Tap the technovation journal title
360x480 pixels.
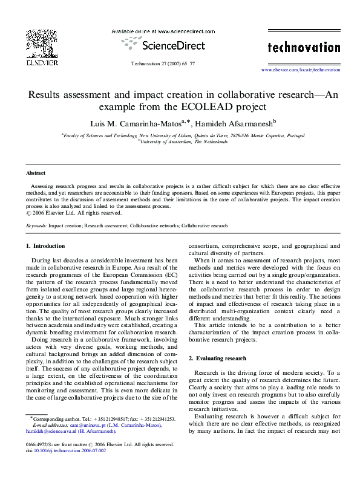(x=304, y=47)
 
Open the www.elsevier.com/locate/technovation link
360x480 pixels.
(x=300, y=70)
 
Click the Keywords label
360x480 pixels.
(x=37, y=225)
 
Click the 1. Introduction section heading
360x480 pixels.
(x=45, y=246)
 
